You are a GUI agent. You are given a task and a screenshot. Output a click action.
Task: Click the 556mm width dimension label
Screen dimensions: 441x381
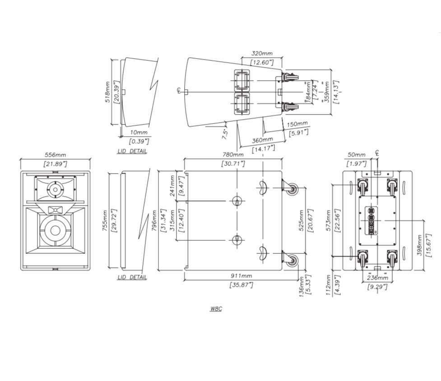click(56, 155)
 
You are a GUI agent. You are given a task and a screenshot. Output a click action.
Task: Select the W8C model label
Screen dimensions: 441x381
click(216, 308)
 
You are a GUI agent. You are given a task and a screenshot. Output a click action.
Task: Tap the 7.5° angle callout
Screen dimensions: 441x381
click(225, 134)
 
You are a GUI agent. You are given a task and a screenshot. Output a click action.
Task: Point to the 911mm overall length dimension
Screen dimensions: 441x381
click(241, 276)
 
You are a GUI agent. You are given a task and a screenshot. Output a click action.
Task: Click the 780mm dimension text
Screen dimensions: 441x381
click(233, 154)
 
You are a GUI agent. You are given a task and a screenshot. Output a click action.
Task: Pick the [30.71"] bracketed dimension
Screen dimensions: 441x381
click(233, 163)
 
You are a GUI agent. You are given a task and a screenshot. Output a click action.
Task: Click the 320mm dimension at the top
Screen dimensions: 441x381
click(262, 53)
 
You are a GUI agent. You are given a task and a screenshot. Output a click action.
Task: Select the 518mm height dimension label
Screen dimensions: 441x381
click(107, 92)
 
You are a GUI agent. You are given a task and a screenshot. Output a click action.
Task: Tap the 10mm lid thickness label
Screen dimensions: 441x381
click(139, 132)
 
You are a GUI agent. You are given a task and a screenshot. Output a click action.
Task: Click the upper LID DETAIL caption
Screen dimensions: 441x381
click(132, 151)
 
